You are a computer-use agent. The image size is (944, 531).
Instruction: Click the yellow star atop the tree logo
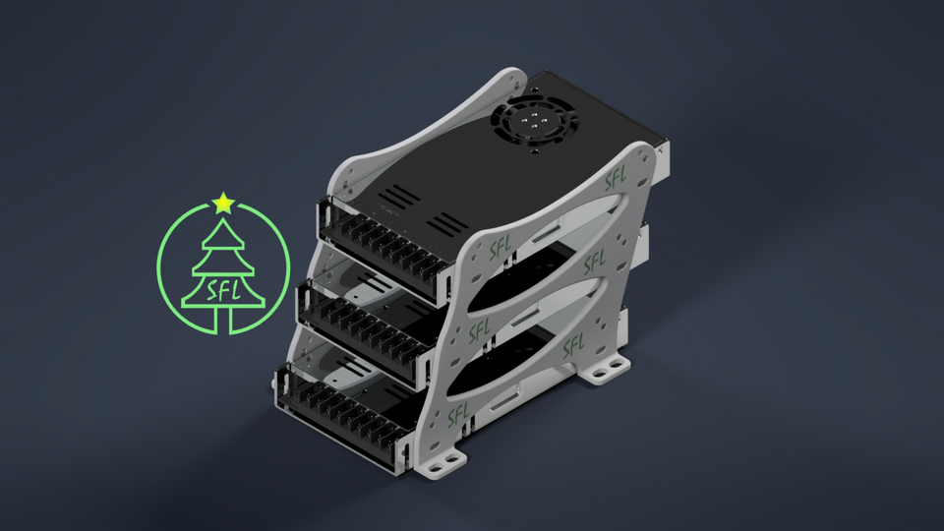[223, 203]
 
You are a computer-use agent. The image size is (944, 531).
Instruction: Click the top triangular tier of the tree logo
[223, 234]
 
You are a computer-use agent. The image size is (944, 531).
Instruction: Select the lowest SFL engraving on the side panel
[459, 415]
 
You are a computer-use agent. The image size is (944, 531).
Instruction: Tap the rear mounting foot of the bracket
[604, 369]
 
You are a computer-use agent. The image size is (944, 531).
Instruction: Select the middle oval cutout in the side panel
[536, 300]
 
